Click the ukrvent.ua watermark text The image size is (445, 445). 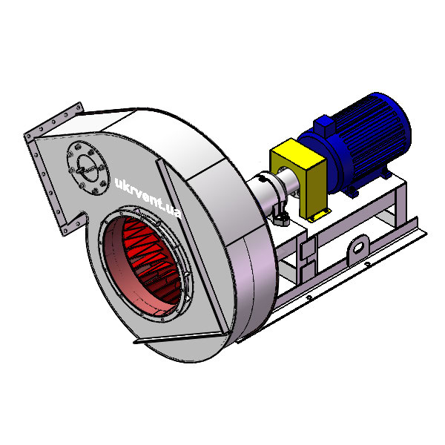148,198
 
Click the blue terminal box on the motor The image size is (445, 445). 323,125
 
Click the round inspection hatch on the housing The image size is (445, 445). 88,168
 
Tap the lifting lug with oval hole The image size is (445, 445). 359,248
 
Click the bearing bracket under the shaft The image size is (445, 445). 280,215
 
